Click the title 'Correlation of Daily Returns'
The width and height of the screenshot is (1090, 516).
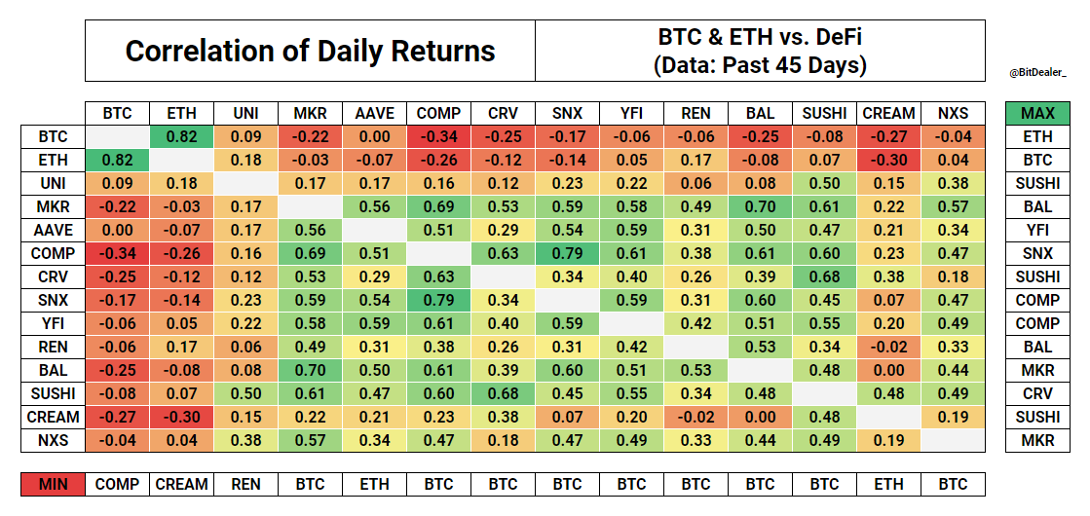point(310,52)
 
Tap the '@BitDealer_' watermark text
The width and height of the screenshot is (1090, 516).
point(1038,72)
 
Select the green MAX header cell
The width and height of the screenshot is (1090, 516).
point(1037,114)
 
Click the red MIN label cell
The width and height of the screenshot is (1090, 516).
point(53,484)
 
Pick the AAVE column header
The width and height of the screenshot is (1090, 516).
point(374,114)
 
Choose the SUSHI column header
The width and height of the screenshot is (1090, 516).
point(824,114)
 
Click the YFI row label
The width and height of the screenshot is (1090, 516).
point(53,323)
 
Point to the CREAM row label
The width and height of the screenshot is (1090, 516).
point(53,417)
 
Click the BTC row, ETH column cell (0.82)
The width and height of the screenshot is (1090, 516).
point(181,137)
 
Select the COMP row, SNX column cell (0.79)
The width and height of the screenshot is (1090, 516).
point(567,253)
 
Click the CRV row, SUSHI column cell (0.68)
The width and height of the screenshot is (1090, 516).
point(824,276)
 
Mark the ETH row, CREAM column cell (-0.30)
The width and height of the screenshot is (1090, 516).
point(888,161)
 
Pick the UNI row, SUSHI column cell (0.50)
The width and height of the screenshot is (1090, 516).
point(824,184)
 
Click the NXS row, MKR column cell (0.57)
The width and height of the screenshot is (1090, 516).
point(310,440)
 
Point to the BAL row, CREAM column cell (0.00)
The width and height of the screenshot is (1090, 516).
point(888,370)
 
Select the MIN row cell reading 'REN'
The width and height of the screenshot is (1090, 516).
point(245,484)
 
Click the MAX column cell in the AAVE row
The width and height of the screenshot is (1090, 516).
point(1037,231)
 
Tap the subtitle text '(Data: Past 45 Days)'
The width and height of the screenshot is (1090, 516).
point(760,66)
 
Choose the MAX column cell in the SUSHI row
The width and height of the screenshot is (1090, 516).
point(1037,393)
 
